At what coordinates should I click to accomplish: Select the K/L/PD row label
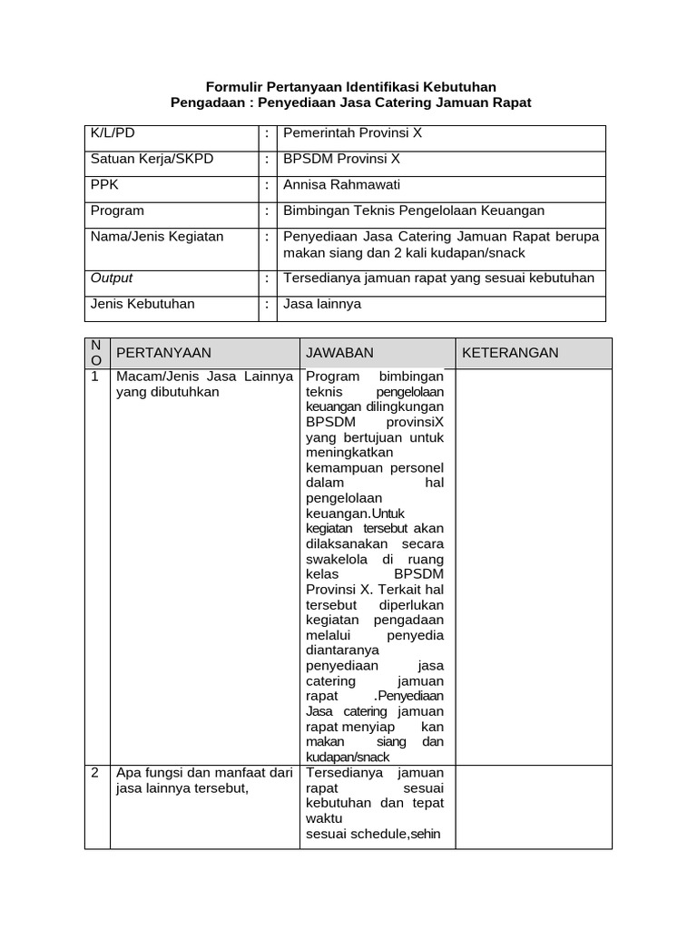tap(112, 132)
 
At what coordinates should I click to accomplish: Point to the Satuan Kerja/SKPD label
tap(152, 159)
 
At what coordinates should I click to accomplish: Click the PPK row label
tap(105, 184)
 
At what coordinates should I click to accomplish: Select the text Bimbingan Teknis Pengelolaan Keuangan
tap(414, 210)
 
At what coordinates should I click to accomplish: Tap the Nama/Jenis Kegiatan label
tap(157, 237)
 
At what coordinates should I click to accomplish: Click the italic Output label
tap(112, 278)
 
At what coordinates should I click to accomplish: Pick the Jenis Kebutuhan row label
tap(142, 304)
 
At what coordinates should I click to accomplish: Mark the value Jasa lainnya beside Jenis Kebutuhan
tap(322, 304)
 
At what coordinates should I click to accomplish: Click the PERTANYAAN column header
tap(163, 353)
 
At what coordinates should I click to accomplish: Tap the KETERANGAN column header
tap(510, 353)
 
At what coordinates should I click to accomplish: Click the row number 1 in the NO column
tap(94, 376)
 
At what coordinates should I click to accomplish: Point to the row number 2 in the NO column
tap(94, 773)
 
